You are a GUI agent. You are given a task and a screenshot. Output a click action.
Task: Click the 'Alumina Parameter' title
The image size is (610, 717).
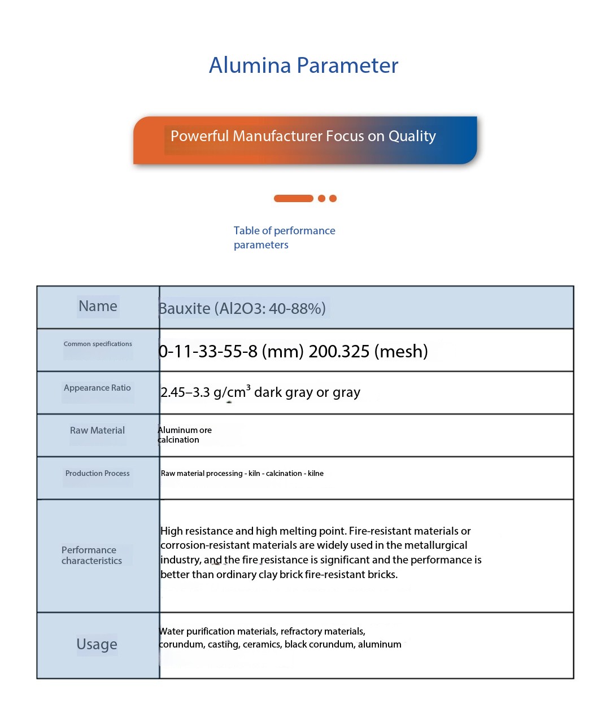(303, 65)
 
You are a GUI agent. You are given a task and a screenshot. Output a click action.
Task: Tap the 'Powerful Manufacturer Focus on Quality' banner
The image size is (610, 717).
(303, 137)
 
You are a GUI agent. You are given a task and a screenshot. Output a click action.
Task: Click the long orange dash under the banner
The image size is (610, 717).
(293, 198)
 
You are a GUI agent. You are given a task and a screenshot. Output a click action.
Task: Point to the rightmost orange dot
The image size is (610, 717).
(333, 198)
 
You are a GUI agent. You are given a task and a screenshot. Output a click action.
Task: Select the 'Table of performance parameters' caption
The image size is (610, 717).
(284, 238)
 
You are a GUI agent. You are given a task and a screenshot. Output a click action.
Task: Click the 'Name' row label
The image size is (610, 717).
(98, 306)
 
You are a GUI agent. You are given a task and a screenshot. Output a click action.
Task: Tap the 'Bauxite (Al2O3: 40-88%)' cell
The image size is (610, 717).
(242, 308)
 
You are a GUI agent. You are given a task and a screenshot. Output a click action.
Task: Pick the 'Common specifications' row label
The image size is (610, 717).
(98, 344)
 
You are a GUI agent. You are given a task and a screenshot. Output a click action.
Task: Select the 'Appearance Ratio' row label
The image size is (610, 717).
(97, 388)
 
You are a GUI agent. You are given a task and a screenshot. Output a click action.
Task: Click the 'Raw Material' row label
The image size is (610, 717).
(97, 430)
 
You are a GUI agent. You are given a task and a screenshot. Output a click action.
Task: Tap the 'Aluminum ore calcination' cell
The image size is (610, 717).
(185, 435)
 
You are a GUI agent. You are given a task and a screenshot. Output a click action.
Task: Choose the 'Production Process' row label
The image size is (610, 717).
(97, 473)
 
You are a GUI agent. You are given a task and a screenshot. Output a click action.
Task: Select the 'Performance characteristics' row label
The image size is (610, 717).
(91, 555)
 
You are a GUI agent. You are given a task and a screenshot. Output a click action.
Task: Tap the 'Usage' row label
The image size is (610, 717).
(97, 644)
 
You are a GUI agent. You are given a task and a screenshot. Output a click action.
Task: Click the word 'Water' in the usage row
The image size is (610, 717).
(171, 631)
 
